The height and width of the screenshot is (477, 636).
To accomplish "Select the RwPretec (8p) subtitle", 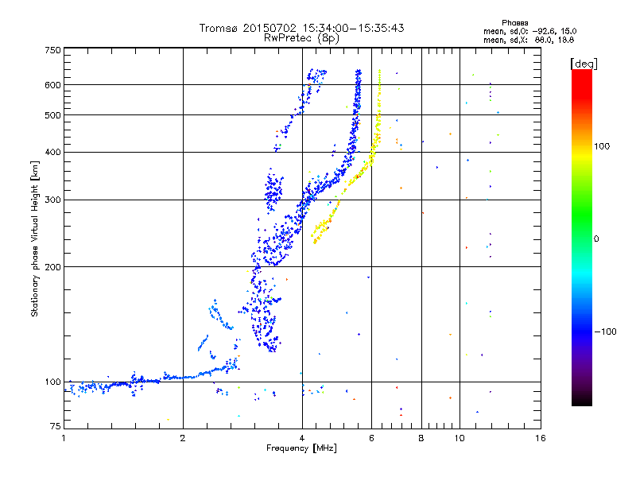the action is point(301,38).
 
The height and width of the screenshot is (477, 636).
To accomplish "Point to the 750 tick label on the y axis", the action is point(53,50).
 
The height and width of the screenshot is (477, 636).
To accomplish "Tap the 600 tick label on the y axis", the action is point(53,85).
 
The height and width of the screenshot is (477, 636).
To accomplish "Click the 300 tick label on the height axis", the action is point(53,200).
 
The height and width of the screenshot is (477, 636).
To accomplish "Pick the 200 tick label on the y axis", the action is point(53,267).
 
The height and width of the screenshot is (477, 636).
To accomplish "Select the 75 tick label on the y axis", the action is point(56,426).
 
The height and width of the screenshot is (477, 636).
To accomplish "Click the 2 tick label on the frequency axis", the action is point(183,438).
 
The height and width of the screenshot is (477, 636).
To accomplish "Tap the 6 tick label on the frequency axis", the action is point(371,438).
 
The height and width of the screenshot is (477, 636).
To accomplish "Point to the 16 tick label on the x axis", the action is point(541,438).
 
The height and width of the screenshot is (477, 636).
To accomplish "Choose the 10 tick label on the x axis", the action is point(460,438).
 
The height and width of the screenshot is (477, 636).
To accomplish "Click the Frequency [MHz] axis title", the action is point(301,448).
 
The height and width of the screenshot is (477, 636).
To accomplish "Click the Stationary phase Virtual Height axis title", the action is point(34,239).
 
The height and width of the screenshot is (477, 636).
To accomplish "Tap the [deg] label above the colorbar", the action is point(584,64).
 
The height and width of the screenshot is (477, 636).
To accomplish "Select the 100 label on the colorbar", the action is point(602,146).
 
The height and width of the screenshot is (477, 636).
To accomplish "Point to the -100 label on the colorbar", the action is point(605,332).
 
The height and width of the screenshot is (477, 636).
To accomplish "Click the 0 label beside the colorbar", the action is point(596,239).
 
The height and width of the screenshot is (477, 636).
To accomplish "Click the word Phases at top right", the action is point(514,23).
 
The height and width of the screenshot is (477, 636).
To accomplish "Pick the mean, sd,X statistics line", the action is point(529,41).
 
